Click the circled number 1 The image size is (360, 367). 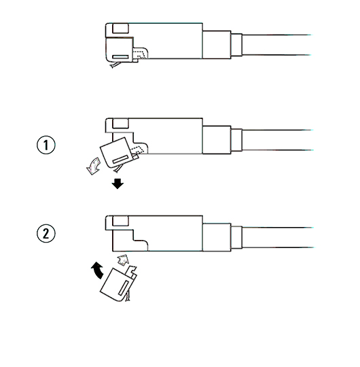click(46, 145)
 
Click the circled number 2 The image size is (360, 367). click(46, 233)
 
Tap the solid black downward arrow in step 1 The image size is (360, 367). click(118, 183)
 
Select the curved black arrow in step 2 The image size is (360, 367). click(98, 270)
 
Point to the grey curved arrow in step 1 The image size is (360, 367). click(94, 166)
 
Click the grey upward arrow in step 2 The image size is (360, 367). click(123, 260)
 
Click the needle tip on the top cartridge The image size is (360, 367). click(112, 67)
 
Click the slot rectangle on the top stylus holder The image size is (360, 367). click(120, 57)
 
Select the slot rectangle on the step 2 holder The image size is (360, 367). click(123, 287)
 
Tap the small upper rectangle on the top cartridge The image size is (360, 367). click(120, 29)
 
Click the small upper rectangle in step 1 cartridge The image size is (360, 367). click(120, 124)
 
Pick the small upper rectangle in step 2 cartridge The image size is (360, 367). click(120, 221)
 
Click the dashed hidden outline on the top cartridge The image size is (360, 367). click(139, 54)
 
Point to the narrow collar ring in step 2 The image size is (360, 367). click(236, 237)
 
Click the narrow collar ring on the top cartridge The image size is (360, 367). click(236, 45)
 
